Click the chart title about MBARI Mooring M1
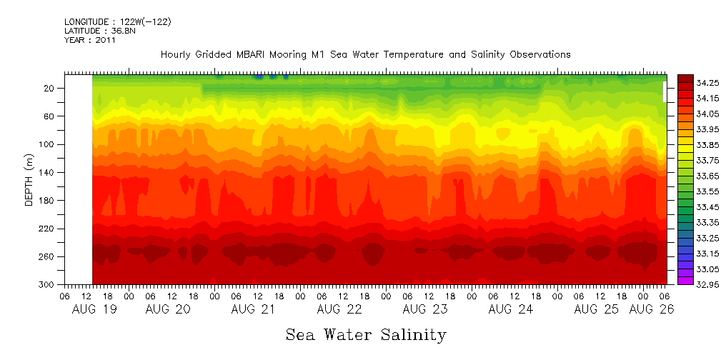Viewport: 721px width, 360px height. pyautogui.click(x=365, y=54)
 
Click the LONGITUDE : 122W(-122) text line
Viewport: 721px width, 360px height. pyautogui.click(x=117, y=22)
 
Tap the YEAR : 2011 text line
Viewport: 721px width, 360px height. pyautogui.click(x=90, y=41)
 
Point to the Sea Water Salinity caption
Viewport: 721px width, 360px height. pyautogui.click(x=366, y=334)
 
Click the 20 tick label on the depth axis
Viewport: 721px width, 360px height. pyautogui.click(x=49, y=89)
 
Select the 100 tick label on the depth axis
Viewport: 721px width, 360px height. pyautogui.click(x=47, y=144)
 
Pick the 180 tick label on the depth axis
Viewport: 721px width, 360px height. pyautogui.click(x=47, y=201)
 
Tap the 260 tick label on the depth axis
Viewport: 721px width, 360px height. pyautogui.click(x=47, y=256)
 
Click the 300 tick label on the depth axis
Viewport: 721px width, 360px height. pyautogui.click(x=47, y=285)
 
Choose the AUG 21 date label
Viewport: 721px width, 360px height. pyautogui.click(x=254, y=309)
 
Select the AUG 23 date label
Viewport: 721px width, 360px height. pyautogui.click(x=425, y=309)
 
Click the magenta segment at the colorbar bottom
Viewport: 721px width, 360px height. pyautogui.click(x=685, y=280)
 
